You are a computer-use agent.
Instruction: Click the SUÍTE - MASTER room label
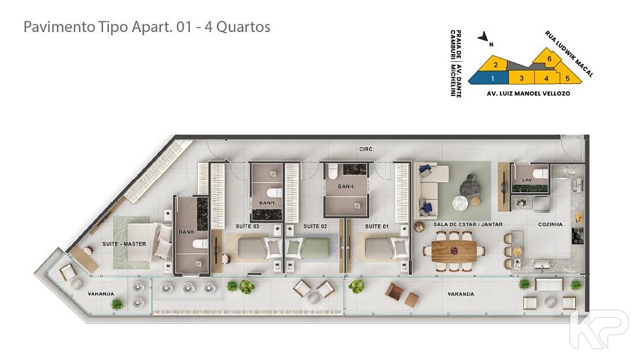(x=124, y=243)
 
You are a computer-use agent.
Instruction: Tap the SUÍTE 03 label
(x=247, y=226)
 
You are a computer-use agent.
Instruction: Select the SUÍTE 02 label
(x=315, y=226)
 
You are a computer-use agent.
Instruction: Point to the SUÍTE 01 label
(x=377, y=226)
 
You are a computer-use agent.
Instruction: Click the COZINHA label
(x=550, y=225)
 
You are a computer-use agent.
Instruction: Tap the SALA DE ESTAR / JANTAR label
(x=468, y=225)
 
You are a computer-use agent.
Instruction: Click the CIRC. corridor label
(x=366, y=149)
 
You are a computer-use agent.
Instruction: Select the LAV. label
(x=528, y=179)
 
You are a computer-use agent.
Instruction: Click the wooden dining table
(x=454, y=250)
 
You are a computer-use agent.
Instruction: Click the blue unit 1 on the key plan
(x=489, y=78)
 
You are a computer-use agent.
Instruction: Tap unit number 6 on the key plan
(x=550, y=59)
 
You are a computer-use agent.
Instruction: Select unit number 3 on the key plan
(x=522, y=78)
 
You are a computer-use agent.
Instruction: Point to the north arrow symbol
(x=484, y=37)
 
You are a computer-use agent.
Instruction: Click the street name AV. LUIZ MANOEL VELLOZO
(x=528, y=93)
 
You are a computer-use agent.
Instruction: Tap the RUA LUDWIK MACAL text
(x=569, y=54)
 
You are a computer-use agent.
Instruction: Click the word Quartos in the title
(x=243, y=27)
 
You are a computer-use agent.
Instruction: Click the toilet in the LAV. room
(x=542, y=174)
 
